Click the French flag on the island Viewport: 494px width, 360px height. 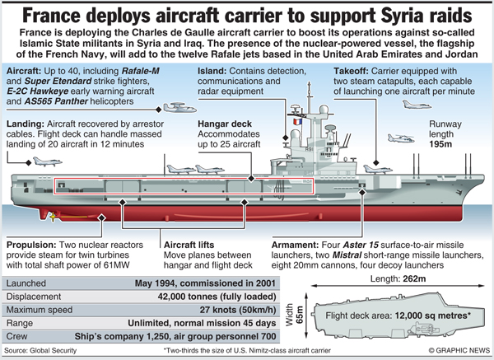pyautogui.click(x=297, y=122)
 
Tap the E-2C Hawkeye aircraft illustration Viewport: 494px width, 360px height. pyautogui.click(x=179, y=108)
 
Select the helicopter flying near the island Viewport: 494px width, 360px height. pyautogui.click(x=401, y=138)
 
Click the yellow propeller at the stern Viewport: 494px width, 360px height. pyautogui.click(x=53, y=217)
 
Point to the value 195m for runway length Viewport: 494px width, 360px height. pyautogui.click(x=440, y=144)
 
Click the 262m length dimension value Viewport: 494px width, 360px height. pyautogui.click(x=414, y=278)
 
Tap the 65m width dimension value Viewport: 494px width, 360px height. pyautogui.click(x=300, y=315)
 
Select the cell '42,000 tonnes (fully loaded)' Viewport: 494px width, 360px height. pyautogui.click(x=217, y=297)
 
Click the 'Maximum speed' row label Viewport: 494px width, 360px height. pyautogui.click(x=40, y=310)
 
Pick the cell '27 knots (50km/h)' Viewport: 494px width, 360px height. pyautogui.click(x=238, y=310)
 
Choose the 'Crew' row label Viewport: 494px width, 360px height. pyautogui.click(x=16, y=336)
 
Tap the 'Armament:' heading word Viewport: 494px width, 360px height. pyautogui.click(x=295, y=245)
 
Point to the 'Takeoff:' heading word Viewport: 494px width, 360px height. pyautogui.click(x=351, y=71)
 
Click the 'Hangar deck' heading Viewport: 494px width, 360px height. pyautogui.click(x=225, y=124)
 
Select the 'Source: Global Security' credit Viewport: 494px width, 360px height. pyautogui.click(x=40, y=350)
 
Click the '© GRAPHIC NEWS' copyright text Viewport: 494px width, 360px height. pyautogui.click(x=459, y=350)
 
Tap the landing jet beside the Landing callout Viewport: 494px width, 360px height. pyautogui.click(x=47, y=161)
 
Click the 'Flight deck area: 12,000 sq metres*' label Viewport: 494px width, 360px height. pyautogui.click(x=398, y=316)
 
